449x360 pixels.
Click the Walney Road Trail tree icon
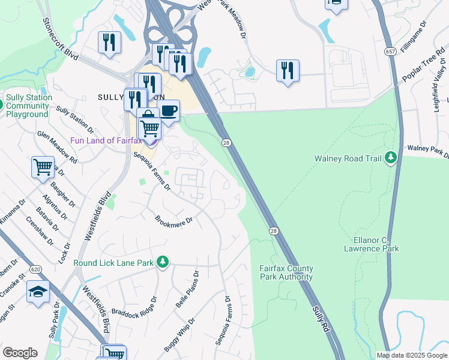(x=391, y=158)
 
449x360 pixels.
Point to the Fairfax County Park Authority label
(x=286, y=272)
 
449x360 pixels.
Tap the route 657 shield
(x=391, y=52)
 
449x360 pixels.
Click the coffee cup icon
(x=169, y=111)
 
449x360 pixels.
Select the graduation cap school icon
(x=38, y=292)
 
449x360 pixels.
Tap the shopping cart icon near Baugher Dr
(x=43, y=167)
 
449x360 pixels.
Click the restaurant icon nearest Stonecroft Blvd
(x=109, y=42)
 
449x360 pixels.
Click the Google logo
(x=20, y=353)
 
